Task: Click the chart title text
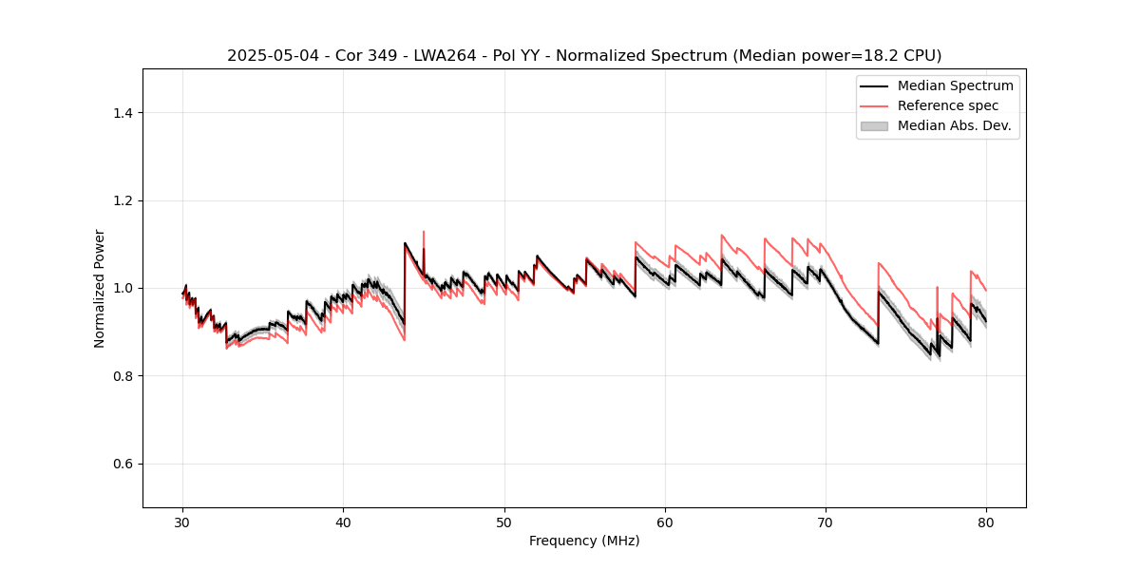click(x=584, y=56)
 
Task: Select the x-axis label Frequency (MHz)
click(x=584, y=541)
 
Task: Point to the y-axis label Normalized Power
click(x=99, y=288)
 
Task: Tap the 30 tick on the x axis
click(x=183, y=522)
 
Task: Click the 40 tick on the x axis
click(x=344, y=522)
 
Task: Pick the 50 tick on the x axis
click(x=504, y=522)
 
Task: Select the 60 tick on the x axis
click(x=665, y=522)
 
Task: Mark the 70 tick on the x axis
click(x=826, y=522)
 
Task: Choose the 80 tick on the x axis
click(x=986, y=522)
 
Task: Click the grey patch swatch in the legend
click(x=874, y=125)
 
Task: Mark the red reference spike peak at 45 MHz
click(x=424, y=232)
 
